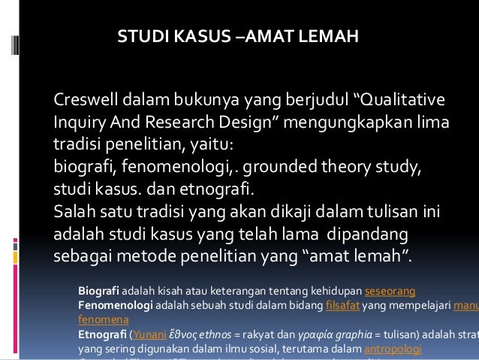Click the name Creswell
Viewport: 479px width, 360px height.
[85, 101]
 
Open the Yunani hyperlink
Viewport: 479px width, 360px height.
[149, 335]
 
